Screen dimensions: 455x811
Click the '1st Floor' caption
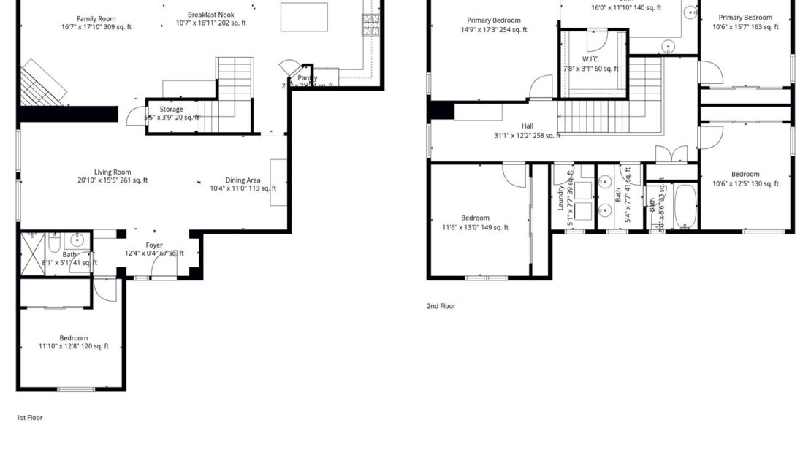30,418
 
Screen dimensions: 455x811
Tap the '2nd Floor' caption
441,306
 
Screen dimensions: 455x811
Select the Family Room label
96,19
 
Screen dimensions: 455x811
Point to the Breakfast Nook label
210,15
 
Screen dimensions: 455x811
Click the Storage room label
172,110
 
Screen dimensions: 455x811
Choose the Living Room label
113,172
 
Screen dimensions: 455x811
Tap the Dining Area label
243,180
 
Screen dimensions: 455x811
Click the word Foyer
154,245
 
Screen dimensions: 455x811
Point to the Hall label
528,126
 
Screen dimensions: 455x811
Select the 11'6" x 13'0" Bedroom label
475,218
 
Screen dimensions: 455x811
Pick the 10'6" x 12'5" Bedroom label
745,174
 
